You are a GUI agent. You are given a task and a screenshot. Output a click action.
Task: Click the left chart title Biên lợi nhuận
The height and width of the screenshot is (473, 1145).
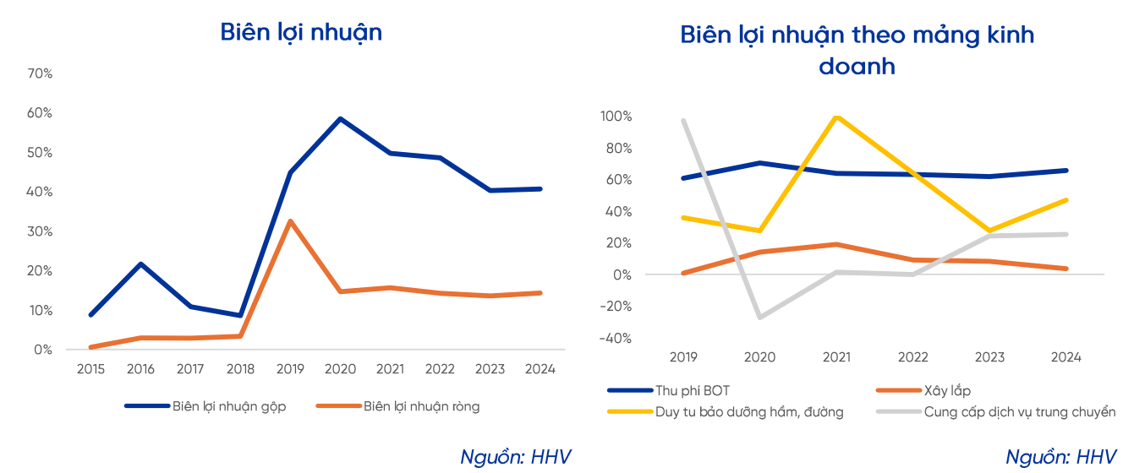[301, 32]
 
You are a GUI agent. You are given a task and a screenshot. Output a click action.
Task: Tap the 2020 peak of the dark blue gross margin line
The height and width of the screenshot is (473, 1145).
[340, 118]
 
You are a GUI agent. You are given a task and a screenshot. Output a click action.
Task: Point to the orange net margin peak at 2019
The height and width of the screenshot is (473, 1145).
[291, 221]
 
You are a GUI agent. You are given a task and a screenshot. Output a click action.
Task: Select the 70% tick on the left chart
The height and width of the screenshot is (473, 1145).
[40, 73]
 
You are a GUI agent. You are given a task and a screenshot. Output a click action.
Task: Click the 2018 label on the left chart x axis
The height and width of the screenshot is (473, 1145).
[241, 369]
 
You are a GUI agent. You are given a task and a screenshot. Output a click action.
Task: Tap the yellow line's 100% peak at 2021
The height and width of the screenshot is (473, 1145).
[836, 116]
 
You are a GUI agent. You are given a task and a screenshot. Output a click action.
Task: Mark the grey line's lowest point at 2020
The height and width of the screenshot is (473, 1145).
[759, 318]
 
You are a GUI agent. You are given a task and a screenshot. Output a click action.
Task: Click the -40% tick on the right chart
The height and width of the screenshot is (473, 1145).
[616, 339]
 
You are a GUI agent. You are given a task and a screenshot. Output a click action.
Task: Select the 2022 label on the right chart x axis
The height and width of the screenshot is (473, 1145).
[912, 357]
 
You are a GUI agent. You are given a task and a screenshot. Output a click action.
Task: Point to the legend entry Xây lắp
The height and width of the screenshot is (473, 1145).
[947, 390]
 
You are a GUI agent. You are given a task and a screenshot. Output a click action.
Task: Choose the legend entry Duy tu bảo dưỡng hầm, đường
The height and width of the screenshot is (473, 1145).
[748, 412]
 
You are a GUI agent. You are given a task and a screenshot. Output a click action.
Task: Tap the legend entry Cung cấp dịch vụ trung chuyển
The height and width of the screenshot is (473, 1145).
[1019, 412]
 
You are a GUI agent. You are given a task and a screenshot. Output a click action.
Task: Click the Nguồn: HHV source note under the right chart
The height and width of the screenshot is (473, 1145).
[1060, 457]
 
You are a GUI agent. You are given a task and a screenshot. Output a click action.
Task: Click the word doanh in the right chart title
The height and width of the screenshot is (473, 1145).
[857, 67]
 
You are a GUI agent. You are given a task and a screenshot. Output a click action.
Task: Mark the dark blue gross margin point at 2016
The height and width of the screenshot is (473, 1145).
[140, 264]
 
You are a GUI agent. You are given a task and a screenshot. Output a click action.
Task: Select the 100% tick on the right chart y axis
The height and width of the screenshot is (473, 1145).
[615, 117]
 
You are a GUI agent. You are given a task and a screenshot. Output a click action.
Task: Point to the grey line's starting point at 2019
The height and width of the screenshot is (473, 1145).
[683, 120]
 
